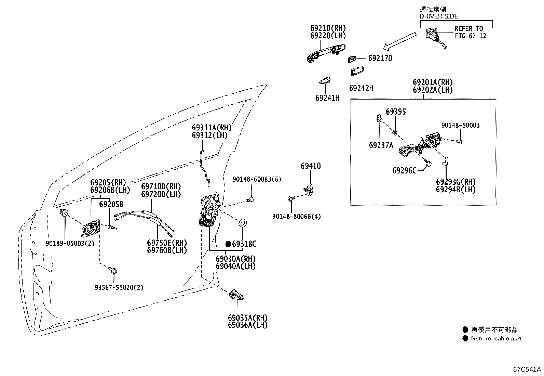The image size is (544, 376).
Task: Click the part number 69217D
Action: click(x=380, y=59)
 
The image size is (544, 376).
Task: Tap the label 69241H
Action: click(x=327, y=98)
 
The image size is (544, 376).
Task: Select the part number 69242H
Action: click(x=361, y=88)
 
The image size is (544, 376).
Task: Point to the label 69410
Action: click(x=311, y=166)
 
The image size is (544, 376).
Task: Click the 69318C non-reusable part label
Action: click(x=244, y=244)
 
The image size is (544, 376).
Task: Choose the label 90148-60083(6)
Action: click(x=257, y=179)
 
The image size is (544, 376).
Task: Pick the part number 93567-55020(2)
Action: click(x=119, y=287)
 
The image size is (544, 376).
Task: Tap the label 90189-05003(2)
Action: click(x=70, y=243)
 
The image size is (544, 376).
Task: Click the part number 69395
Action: click(x=396, y=112)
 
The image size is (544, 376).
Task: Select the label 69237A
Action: click(x=381, y=145)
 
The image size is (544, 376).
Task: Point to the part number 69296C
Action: click(x=404, y=170)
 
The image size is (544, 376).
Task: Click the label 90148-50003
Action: click(x=461, y=125)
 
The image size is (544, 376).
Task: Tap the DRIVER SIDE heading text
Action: click(x=439, y=16)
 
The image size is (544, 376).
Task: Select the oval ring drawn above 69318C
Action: click(x=243, y=223)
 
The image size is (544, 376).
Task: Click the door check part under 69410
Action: click(x=309, y=190)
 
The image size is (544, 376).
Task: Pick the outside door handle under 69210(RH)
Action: click(x=326, y=53)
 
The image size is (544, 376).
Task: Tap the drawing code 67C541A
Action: click(x=527, y=369)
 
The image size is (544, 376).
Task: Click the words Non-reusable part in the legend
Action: click(x=497, y=338)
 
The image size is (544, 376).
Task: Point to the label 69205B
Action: click(x=111, y=205)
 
